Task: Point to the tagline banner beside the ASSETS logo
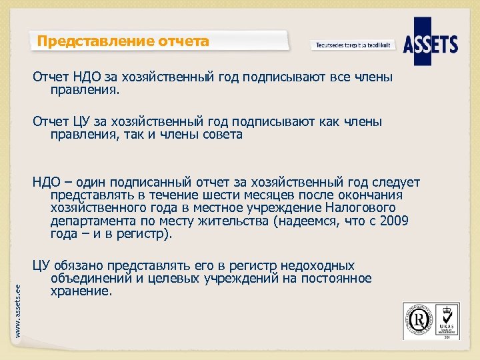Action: [353, 45]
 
